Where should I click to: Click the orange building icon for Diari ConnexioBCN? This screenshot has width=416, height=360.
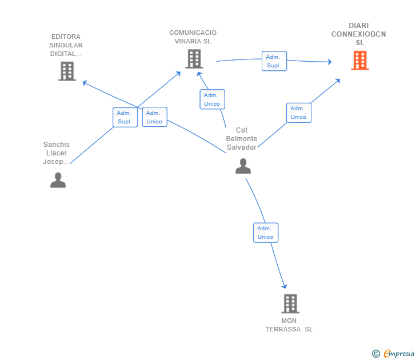click(x=359, y=61)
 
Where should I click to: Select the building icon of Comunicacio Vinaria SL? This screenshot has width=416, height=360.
click(x=194, y=59)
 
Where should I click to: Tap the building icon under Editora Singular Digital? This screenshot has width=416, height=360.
click(x=67, y=71)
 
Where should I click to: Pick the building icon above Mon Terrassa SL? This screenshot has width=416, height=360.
click(x=290, y=303)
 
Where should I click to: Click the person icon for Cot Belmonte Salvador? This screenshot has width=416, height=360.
click(x=243, y=166)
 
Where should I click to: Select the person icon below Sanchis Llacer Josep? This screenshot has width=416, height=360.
click(x=58, y=180)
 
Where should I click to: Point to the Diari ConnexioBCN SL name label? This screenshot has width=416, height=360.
click(x=359, y=34)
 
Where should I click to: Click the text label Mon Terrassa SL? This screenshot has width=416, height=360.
click(x=289, y=325)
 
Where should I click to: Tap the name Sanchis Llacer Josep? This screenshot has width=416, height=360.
click(x=57, y=153)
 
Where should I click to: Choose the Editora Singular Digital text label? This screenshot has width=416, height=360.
click(x=66, y=45)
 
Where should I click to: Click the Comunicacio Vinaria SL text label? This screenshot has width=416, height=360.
click(x=193, y=37)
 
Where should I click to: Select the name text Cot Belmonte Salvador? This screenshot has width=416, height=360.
click(x=242, y=139)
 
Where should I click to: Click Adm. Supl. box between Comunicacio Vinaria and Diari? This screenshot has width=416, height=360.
click(x=274, y=61)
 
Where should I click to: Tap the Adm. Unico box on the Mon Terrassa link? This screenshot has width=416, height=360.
click(x=265, y=233)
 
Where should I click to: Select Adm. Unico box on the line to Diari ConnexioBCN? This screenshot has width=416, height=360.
click(x=298, y=113)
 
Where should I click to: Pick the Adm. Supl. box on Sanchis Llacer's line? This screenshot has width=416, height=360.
click(x=125, y=117)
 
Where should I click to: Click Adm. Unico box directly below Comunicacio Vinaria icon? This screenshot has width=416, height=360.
click(x=212, y=99)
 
